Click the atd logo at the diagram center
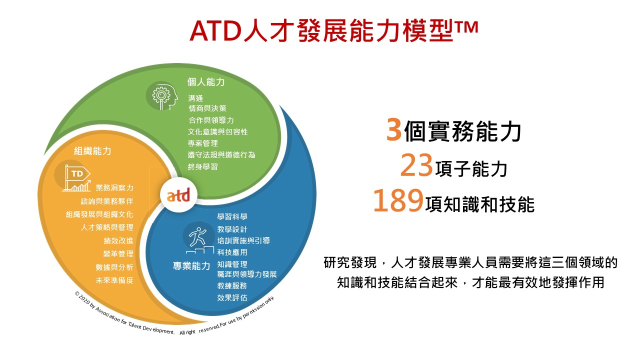pyautogui.click(x=178, y=196)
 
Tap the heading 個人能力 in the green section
pyautogui.click(x=206, y=82)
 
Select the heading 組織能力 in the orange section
pyautogui.click(x=92, y=151)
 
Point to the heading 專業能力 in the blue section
pyautogui.click(x=191, y=266)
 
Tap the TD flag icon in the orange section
pyautogui.click(x=76, y=177)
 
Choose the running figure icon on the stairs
pyautogui.click(x=199, y=240)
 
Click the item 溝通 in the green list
pyautogui.click(x=195, y=98)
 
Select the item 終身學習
pyautogui.click(x=203, y=166)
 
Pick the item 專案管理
pyautogui.click(x=203, y=143)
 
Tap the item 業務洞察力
pyautogui.click(x=114, y=187)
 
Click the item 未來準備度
pyautogui.click(x=114, y=280)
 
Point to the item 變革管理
pyautogui.click(x=118, y=253)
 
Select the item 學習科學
pyautogui.click(x=232, y=217)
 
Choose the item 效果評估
pyautogui.click(x=232, y=297)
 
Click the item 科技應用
pyautogui.click(x=232, y=252)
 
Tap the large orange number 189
pyautogui.click(x=398, y=200)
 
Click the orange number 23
pyautogui.click(x=416, y=165)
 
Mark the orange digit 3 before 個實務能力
pyautogui.click(x=394, y=129)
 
